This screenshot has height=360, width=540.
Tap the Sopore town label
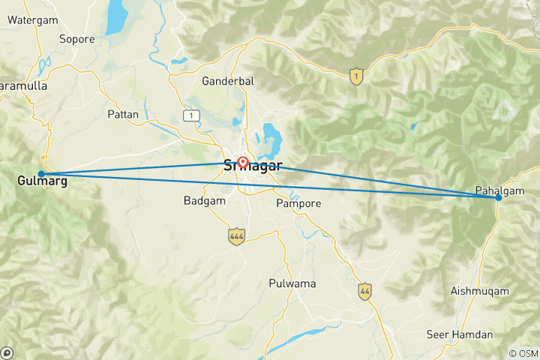pos(76,39)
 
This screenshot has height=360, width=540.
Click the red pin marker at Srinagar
pos(243,161)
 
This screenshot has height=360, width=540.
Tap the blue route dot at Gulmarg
pos(41,174)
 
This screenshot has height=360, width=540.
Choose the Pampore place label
pos(298,203)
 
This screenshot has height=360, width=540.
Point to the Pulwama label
pos(292,284)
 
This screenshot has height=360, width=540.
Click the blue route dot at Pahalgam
pos(499,198)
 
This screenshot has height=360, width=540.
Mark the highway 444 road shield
pos(237,237)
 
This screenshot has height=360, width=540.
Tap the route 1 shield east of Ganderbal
pos(357,75)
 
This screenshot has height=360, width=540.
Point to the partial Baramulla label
pos(22,86)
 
